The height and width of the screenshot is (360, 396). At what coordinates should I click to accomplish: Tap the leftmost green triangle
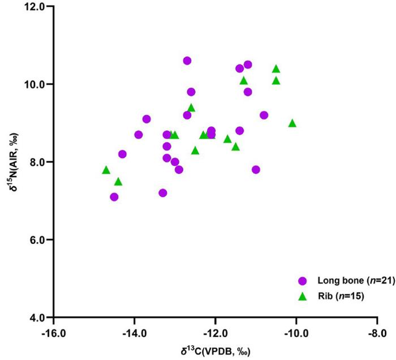(106, 170)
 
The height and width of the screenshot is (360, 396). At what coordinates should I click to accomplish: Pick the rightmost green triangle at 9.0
(292, 123)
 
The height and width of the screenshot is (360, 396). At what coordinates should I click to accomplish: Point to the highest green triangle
(276, 69)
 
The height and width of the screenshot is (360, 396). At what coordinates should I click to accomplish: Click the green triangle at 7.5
(118, 182)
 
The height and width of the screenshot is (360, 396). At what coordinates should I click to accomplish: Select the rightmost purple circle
(264, 115)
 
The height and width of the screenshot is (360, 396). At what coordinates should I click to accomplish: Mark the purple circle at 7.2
(163, 193)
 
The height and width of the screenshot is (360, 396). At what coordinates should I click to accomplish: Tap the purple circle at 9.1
(147, 119)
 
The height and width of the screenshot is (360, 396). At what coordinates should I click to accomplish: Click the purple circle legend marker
(302, 281)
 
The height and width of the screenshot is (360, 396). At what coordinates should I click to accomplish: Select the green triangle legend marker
(302, 295)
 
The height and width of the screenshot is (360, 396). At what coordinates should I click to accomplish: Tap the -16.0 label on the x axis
(54, 332)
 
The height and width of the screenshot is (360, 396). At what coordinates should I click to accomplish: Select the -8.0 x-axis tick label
(377, 332)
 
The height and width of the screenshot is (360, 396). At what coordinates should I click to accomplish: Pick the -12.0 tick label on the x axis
(215, 332)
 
